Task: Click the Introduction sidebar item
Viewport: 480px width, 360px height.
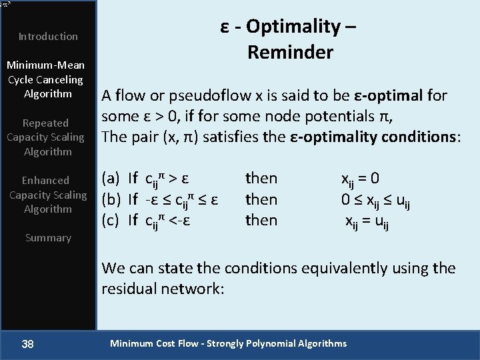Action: [48, 37]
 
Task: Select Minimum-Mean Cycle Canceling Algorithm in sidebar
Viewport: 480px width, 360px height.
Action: [45, 79]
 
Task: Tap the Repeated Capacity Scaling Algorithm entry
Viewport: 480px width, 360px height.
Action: [45, 137]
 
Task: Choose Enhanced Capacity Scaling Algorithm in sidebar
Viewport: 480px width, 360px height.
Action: [47, 195]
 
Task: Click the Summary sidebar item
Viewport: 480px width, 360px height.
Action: [48, 238]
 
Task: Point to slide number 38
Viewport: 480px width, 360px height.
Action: [27, 343]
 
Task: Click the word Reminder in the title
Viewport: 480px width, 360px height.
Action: [290, 52]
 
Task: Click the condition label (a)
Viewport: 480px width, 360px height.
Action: [110, 178]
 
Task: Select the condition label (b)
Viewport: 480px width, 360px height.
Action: [111, 199]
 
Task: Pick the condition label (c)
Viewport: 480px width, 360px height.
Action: [110, 220]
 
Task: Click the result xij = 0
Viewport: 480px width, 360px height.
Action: [361, 179]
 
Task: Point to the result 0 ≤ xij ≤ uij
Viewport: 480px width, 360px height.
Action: [374, 200]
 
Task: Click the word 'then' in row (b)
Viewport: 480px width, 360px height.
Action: [261, 199]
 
